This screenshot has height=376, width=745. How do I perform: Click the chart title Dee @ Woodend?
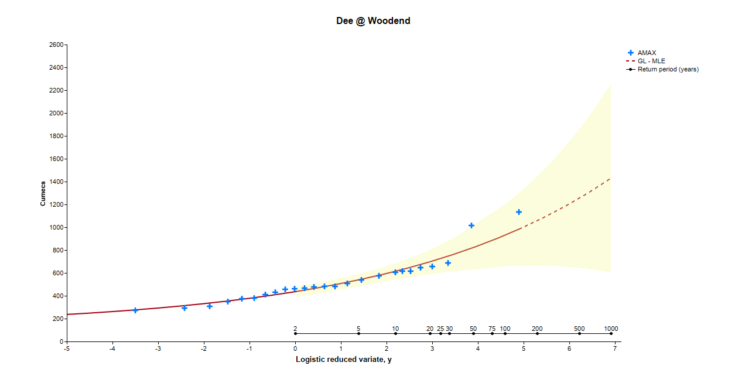[372, 21]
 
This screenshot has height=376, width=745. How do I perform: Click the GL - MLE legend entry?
[651, 61]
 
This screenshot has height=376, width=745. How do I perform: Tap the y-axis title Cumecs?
[43, 193]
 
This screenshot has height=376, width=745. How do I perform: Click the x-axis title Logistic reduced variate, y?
[343, 359]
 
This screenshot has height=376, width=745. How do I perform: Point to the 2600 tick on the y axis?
[57, 45]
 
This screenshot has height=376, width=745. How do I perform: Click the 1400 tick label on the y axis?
[57, 182]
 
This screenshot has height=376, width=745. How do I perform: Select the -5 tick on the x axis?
[67, 348]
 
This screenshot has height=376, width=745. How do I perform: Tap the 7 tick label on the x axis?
[615, 348]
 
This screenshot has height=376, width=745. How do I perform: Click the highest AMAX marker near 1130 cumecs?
[518, 212]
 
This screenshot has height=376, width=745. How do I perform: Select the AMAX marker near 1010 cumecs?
[471, 225]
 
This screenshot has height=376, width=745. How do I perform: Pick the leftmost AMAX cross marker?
[135, 310]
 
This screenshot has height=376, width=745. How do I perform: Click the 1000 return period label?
[611, 329]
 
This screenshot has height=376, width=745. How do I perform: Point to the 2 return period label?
[295, 329]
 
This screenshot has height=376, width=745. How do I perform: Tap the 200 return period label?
[537, 329]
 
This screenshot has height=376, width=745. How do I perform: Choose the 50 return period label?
[473, 329]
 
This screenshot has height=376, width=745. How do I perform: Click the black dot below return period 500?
[579, 333]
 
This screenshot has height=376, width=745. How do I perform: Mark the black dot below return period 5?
[358, 333]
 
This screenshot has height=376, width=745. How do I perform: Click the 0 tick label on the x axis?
[295, 348]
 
